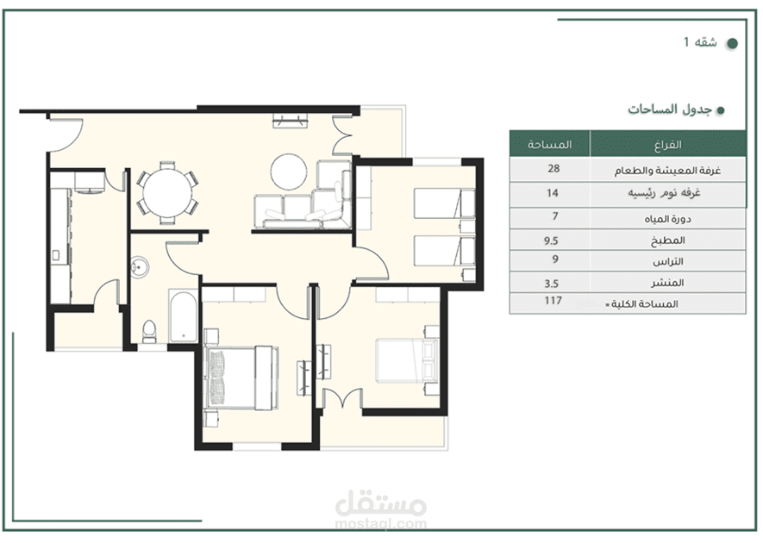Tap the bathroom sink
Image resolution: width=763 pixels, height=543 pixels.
tap(140, 266)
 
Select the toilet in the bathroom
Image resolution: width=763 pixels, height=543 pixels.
tap(148, 331)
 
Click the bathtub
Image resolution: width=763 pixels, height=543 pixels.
tap(183, 315)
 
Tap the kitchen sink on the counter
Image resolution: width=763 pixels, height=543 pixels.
tap(55, 255)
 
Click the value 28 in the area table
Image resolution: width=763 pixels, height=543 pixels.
tap(553, 168)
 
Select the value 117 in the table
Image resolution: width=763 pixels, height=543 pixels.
tap(553, 301)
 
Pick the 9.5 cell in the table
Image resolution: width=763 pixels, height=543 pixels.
tap(551, 240)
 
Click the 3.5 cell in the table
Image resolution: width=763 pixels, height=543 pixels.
tap(551, 284)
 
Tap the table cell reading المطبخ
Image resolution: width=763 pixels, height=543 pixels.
tap(667, 240)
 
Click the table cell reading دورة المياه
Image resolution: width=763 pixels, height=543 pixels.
tap(667, 219)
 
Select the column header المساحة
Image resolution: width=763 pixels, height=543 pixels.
tap(549, 145)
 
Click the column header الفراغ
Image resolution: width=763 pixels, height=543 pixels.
tap(667, 145)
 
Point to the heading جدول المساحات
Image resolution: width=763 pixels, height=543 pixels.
tap(670, 109)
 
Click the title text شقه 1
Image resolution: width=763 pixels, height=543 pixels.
tap(700, 42)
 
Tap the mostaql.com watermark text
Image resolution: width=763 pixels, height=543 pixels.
tap(381, 524)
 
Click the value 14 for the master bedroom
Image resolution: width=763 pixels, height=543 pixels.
tap(553, 193)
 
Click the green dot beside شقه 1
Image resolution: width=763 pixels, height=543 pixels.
tap(732, 43)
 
